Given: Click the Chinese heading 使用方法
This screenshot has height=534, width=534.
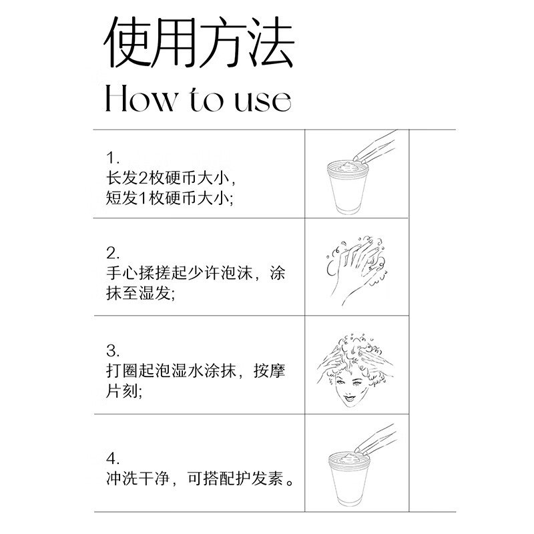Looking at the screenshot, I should tap(198, 43).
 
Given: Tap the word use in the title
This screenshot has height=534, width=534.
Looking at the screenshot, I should tap(257, 100).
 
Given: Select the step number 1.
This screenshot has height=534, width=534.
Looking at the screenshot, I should tap(112, 158).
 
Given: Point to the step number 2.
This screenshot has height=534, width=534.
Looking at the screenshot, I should tap(112, 253).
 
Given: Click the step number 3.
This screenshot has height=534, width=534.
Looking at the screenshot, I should tap(112, 350).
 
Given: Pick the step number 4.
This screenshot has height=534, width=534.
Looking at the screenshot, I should tap(112, 459).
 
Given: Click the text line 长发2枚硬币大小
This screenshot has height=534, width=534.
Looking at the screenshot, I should tap(171, 179).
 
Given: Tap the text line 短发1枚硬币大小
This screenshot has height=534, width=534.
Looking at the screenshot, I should tap(170, 200).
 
